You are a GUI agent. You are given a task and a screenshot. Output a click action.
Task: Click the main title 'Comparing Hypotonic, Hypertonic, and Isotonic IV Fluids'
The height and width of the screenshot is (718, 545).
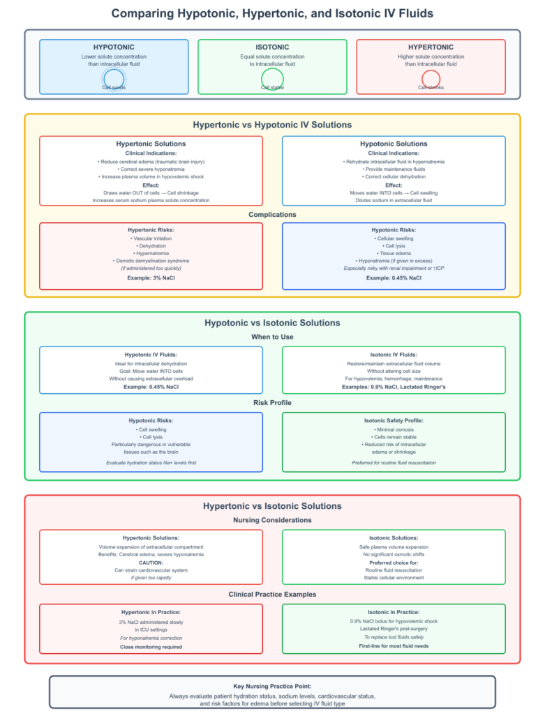272,13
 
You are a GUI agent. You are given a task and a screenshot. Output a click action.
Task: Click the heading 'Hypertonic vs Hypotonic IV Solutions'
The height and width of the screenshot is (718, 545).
272,125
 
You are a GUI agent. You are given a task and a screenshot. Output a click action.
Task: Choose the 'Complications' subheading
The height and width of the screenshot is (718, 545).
272,215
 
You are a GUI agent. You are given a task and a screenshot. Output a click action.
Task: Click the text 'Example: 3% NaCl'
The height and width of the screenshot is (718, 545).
151,278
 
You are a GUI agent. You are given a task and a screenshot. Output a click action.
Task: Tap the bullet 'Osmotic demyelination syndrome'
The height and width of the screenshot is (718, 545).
151,261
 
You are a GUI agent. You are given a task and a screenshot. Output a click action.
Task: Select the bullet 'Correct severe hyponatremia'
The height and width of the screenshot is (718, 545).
151,169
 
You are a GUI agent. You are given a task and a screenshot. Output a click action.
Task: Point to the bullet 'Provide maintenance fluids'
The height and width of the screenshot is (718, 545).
394,169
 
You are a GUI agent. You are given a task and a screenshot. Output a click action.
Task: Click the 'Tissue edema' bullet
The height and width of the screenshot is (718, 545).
394,254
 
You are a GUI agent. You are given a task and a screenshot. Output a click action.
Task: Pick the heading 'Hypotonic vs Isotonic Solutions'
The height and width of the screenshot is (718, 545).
272,323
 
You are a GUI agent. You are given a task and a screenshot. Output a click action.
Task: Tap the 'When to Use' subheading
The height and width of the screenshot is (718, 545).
272,337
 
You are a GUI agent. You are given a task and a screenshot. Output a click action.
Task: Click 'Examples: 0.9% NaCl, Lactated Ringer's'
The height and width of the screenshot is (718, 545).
394,387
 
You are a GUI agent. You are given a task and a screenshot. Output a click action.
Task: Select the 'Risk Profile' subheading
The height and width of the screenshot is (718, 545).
272,403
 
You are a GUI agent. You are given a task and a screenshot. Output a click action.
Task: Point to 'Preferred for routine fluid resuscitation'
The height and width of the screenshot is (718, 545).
394,463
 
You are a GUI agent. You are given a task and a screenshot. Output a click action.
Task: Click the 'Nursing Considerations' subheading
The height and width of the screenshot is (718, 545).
272,520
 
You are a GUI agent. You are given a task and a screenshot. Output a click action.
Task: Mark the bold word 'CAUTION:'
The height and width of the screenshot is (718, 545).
151,563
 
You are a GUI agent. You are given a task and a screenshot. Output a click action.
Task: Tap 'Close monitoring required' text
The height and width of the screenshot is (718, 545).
151,647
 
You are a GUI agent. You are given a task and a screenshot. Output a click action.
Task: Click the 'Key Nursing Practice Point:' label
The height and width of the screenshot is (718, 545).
272,687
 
